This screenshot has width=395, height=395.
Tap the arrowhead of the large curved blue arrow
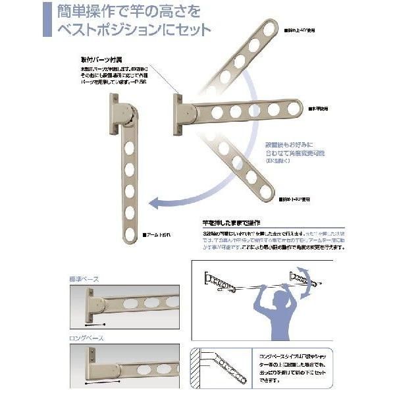[153, 203]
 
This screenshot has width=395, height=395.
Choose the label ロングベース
[86, 338]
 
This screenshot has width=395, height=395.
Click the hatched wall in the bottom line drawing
[196, 368]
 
